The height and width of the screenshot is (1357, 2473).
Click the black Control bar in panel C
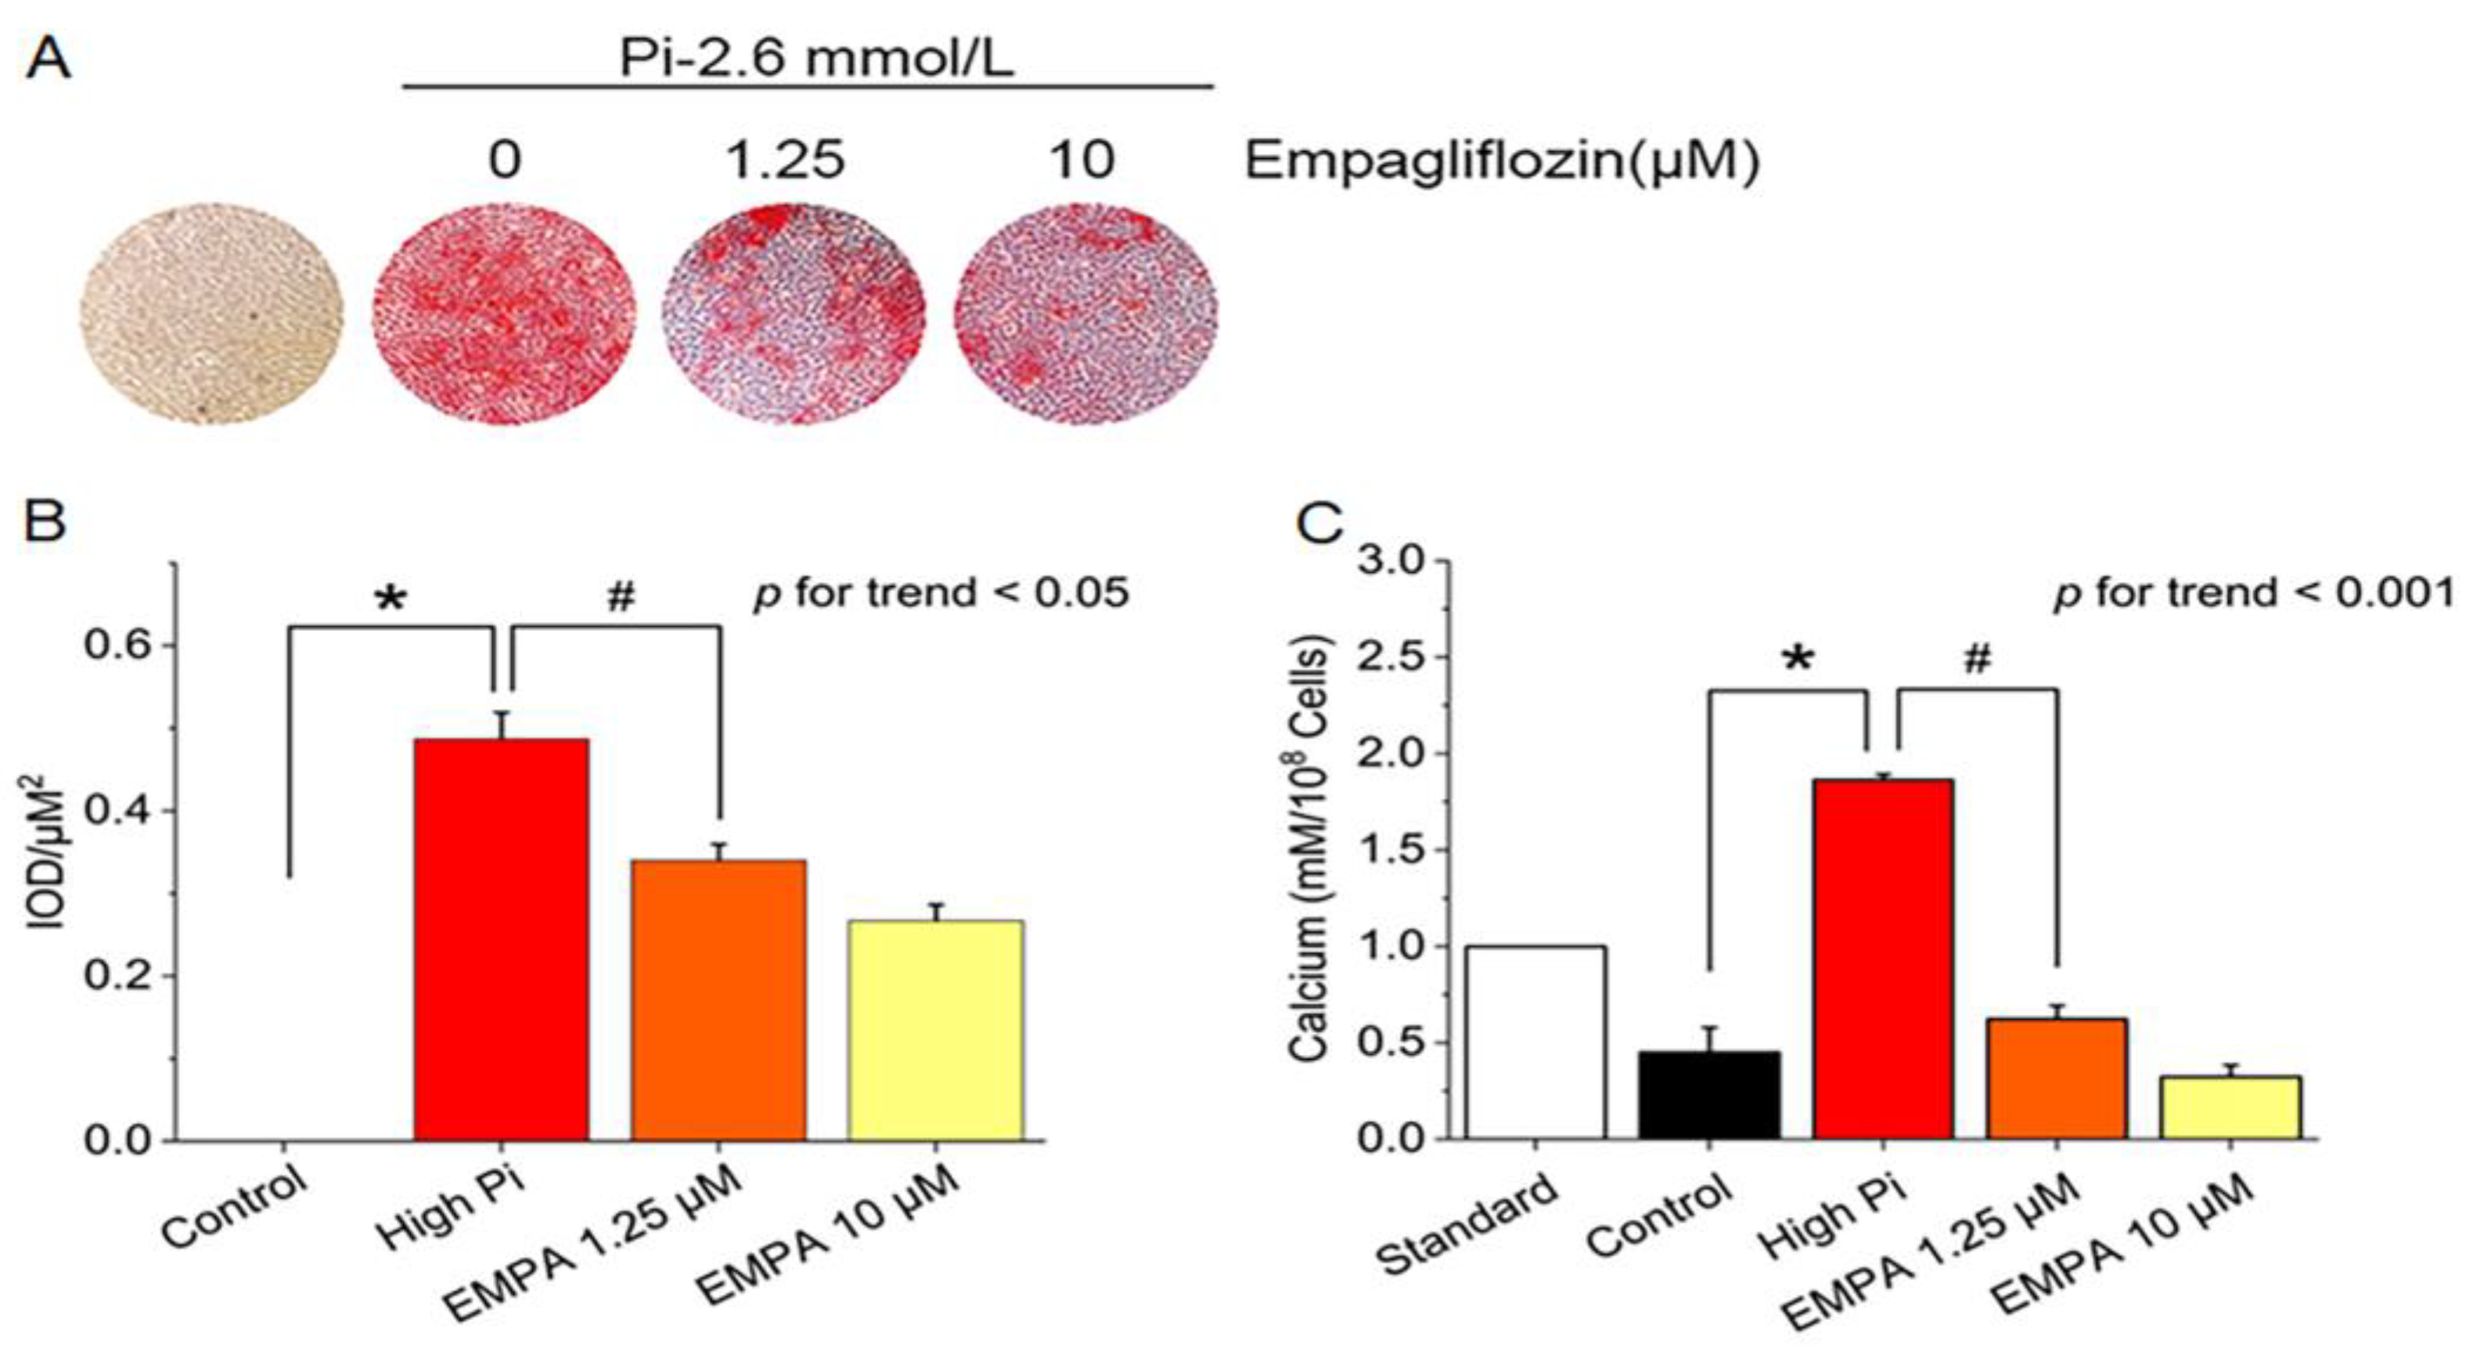coord(1710,1095)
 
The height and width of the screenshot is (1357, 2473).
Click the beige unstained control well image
coord(211,313)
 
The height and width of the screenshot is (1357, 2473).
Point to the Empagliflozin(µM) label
coord(1502,160)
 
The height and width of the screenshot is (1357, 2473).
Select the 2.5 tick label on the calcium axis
coord(1391,657)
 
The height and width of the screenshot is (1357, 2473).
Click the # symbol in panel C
coord(1978,658)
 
